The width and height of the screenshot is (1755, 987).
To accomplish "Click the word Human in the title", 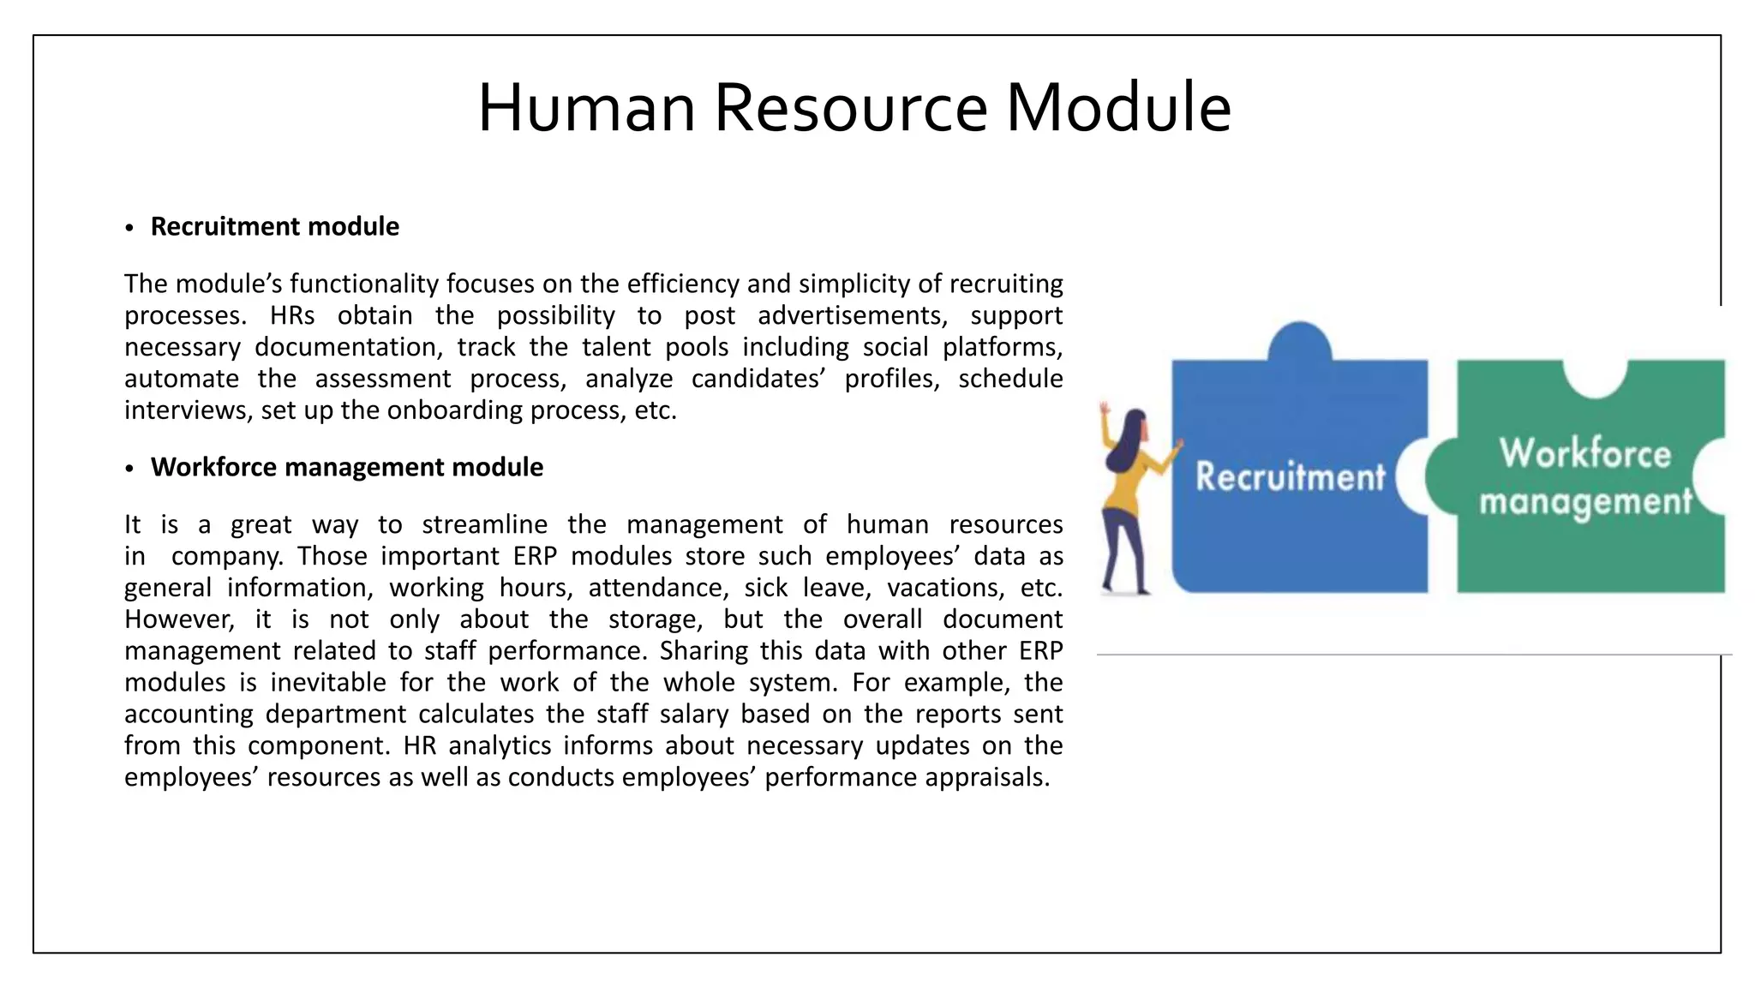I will pyautogui.click(x=586, y=108).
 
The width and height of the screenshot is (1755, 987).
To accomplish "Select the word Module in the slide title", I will pyautogui.click(x=1118, y=108).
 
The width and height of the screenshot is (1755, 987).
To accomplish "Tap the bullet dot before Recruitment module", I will pyautogui.click(x=129, y=228).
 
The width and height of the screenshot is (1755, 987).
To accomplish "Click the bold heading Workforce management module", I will pyautogui.click(x=346, y=467).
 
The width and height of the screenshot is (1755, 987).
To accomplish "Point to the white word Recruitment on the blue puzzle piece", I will pyautogui.click(x=1290, y=476).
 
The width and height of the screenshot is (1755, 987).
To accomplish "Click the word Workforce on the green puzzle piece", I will pyautogui.click(x=1585, y=452).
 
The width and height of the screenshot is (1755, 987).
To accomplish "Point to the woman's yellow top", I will pyautogui.click(x=1124, y=488).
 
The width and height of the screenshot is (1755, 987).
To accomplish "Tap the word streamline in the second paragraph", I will pyautogui.click(x=484, y=524).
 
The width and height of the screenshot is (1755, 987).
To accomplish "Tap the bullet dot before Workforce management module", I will pyautogui.click(x=129, y=469).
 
